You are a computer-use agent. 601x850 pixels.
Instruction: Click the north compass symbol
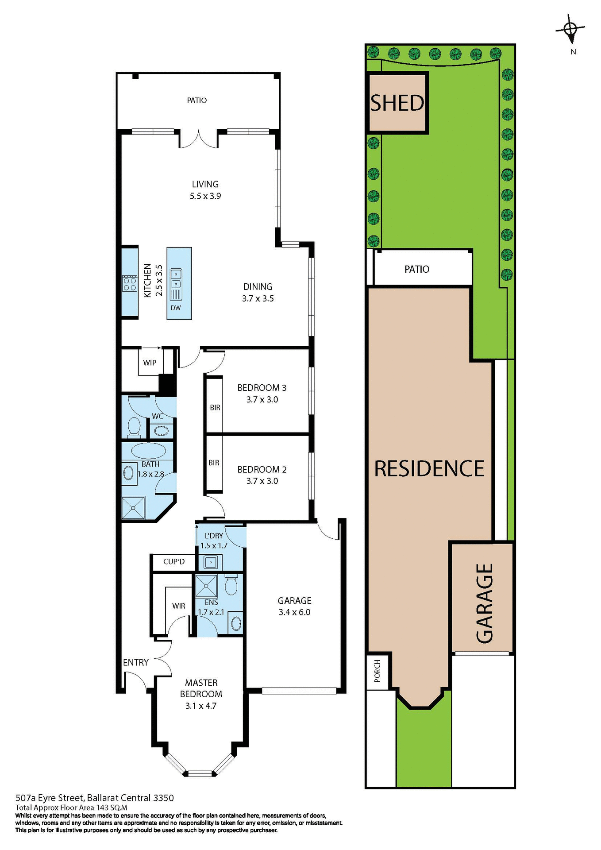[x=570, y=29]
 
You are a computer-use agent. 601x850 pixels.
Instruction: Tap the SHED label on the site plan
[x=397, y=103]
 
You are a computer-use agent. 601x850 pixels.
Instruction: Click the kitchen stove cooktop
[x=130, y=283]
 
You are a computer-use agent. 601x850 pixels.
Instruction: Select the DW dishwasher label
[x=176, y=308]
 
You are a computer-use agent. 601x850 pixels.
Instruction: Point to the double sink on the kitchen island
[x=176, y=278]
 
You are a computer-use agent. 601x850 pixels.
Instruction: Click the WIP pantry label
[x=150, y=363]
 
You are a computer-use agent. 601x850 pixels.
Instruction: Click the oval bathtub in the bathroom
[x=149, y=451]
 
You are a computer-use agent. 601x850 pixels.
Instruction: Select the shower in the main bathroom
[x=134, y=507]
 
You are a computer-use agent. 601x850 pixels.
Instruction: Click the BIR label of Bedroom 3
[x=215, y=407]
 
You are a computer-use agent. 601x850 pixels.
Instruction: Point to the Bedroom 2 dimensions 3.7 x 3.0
[x=262, y=481]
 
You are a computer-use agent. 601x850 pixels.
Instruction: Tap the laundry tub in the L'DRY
[x=211, y=562]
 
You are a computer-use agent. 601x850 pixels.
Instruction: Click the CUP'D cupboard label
[x=174, y=561]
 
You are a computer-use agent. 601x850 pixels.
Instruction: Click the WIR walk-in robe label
[x=179, y=606]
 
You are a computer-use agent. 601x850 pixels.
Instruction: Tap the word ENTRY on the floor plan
[x=136, y=662]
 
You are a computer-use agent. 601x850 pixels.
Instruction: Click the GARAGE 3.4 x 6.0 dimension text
[x=294, y=612]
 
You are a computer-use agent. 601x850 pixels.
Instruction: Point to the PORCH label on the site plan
[x=377, y=671]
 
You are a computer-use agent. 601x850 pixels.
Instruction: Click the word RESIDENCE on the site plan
[x=429, y=469]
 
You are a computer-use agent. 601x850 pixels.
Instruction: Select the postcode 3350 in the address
[x=163, y=798]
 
